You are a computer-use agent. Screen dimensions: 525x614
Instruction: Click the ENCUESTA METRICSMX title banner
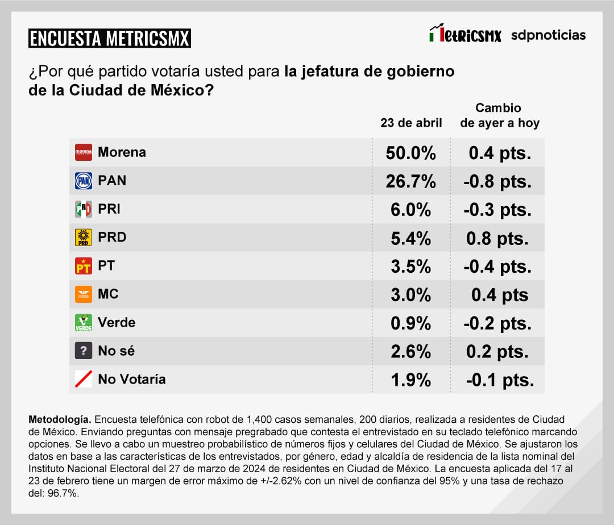coord(110,38)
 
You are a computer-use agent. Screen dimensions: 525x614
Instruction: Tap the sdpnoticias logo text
coord(548,35)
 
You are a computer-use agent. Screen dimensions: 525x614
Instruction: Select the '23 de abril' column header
coord(411,123)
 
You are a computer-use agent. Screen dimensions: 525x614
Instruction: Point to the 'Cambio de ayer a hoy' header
coord(499,115)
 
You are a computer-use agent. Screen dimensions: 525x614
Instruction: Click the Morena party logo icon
coord(84,152)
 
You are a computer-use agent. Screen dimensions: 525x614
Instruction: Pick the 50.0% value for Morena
coord(411,153)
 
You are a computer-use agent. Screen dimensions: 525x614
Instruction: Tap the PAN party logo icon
coord(84,181)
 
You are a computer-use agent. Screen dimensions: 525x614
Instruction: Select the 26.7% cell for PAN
coord(411,181)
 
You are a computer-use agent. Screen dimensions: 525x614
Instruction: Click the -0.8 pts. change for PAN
coord(497,181)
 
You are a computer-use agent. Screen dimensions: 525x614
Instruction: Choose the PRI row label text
coord(109,209)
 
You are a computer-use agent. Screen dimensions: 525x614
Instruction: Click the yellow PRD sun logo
coord(84,238)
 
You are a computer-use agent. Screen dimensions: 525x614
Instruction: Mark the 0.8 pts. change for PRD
coord(497,238)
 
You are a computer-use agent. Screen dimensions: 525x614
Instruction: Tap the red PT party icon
coord(84,266)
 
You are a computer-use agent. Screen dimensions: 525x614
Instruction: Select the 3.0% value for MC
coord(411,295)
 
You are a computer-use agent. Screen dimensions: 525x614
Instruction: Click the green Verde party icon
coord(84,323)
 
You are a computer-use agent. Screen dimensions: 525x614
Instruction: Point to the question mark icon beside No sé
coord(84,351)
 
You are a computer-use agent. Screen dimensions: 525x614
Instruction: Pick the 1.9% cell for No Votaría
coord(411,380)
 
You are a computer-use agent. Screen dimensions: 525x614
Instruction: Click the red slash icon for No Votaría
coord(84,379)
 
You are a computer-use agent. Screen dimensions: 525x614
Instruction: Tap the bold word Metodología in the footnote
coord(59,419)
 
